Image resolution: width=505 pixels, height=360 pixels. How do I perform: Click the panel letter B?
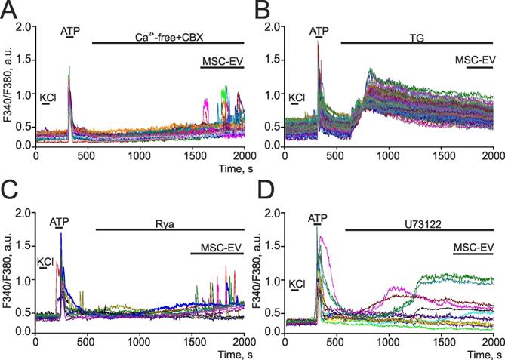(x=263, y=10)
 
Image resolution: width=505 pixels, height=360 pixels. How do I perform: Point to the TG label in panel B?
(x=416, y=33)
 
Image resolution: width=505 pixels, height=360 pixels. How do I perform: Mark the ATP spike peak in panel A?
(x=69, y=67)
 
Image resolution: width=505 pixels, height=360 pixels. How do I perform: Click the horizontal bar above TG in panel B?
(x=416, y=42)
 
